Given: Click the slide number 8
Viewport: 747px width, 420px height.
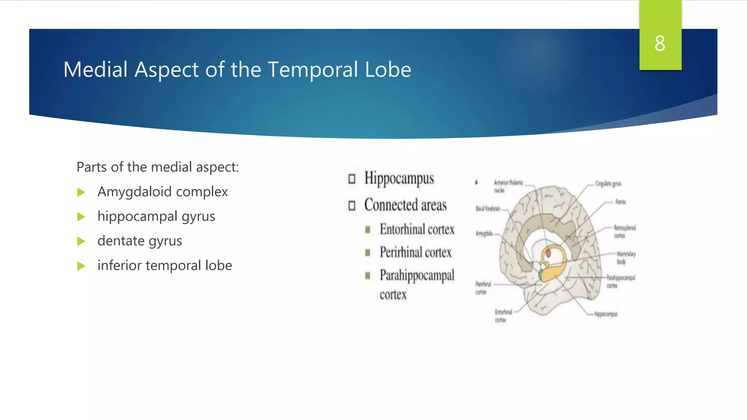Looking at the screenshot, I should pyautogui.click(x=659, y=43).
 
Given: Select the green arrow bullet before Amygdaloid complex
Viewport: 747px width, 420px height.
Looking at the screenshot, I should pyautogui.click(x=81, y=192).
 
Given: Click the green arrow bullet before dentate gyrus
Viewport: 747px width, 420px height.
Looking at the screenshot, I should pyautogui.click(x=81, y=241).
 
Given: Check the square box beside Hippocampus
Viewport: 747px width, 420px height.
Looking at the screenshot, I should pyautogui.click(x=352, y=179).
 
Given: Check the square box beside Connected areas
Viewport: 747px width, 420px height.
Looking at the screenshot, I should pyautogui.click(x=352, y=206).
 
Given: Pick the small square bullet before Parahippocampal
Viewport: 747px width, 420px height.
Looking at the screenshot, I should pyautogui.click(x=368, y=276).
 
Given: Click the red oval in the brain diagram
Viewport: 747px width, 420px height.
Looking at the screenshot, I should pyautogui.click(x=548, y=253).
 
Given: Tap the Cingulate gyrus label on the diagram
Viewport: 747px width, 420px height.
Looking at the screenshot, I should pyautogui.click(x=608, y=184).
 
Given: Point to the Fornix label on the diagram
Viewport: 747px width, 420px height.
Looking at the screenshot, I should pyautogui.click(x=620, y=202).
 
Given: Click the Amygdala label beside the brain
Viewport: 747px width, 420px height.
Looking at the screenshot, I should pyautogui.click(x=484, y=233).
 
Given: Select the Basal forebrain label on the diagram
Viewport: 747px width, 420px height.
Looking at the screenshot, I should pyautogui.click(x=488, y=209).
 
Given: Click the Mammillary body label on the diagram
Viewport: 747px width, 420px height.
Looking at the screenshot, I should pyautogui.click(x=626, y=257).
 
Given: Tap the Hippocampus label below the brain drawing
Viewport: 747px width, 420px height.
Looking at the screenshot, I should pyautogui.click(x=605, y=314).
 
